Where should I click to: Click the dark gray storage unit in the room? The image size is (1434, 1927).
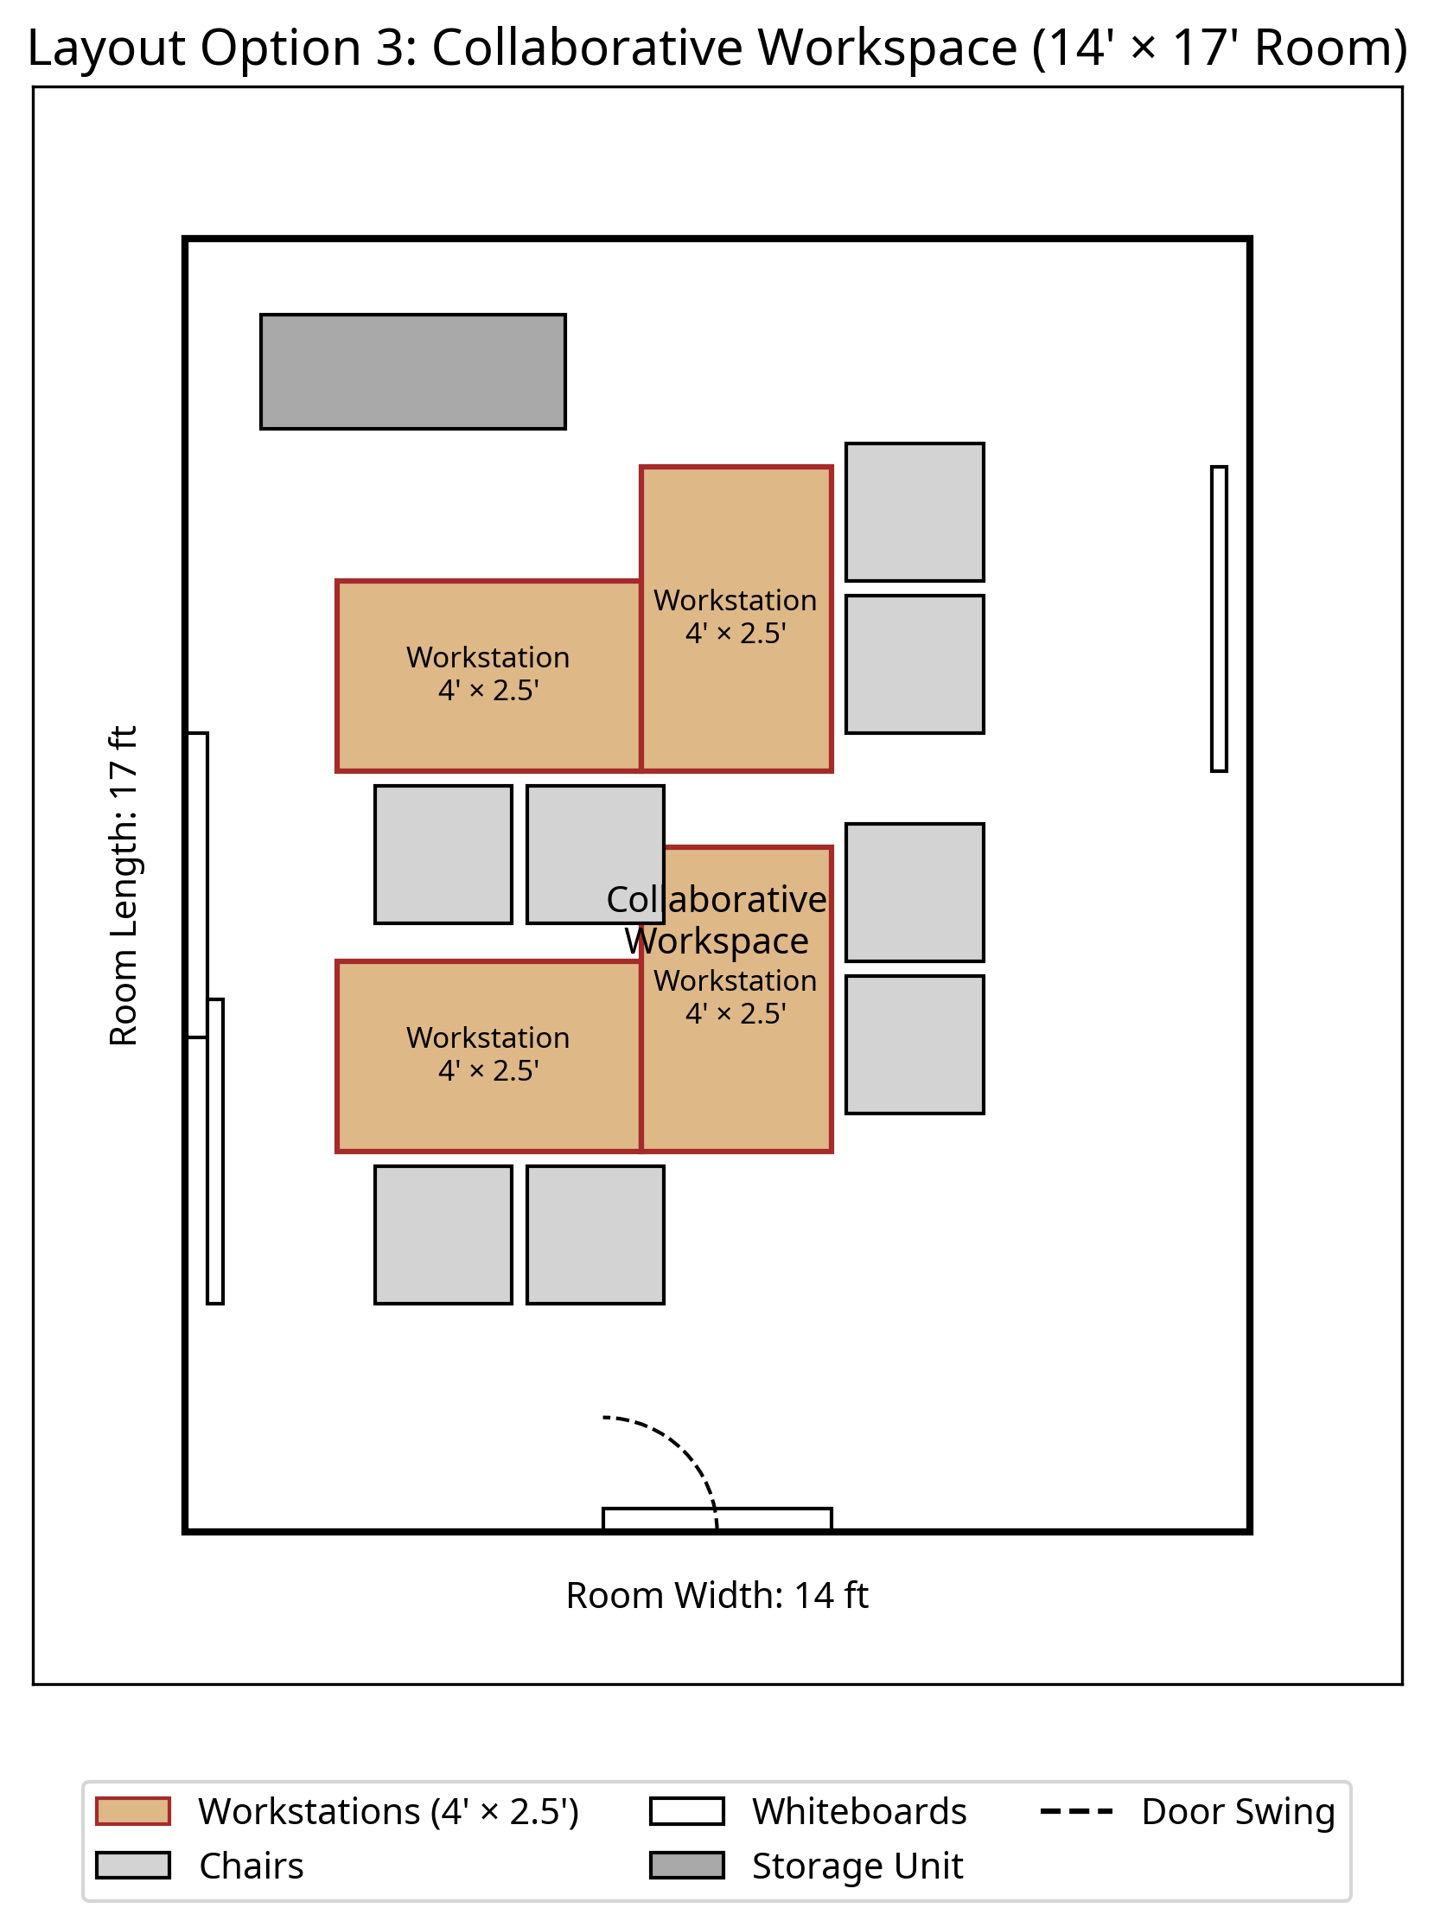click(413, 372)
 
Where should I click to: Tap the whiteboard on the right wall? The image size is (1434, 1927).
click(1219, 619)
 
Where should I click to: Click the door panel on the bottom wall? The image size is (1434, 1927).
click(717, 1518)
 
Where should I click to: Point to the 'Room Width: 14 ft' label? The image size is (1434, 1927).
click(717, 1594)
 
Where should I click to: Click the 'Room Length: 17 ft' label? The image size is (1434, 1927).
click(124, 885)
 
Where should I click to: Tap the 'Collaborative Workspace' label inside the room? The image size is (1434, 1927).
click(717, 920)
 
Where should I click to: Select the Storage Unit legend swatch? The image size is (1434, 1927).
click(686, 1866)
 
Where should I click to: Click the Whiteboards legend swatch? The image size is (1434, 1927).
click(686, 1811)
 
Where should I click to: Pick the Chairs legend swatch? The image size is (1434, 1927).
click(133, 1866)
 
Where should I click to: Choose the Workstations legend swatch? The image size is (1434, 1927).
click(133, 1811)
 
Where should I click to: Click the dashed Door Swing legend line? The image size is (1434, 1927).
click(1076, 1811)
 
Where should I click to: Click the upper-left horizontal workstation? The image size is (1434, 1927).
click(488, 675)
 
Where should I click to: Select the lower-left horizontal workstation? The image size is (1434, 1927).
click(488, 1056)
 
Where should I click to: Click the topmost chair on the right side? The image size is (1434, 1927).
click(915, 512)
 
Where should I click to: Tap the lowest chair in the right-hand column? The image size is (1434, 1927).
click(915, 1044)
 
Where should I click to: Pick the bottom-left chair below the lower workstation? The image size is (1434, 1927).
click(443, 1235)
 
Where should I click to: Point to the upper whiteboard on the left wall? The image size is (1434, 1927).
click(198, 884)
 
